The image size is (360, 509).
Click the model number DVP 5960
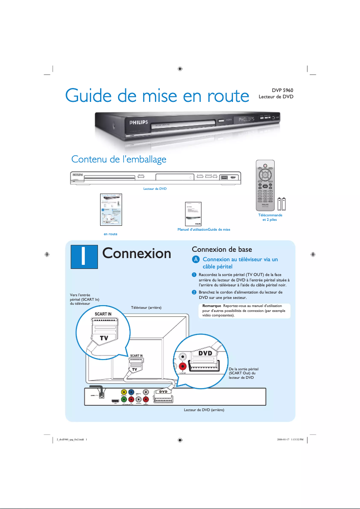pos(281,90)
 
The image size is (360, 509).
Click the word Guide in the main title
pos(92,96)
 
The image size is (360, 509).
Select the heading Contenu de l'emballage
pos(119,159)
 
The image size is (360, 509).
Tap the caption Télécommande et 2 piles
pos(269,218)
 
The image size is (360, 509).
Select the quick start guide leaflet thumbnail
pos(110,210)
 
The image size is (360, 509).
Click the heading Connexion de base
pos(222,249)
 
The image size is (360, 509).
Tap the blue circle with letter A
pos(195,260)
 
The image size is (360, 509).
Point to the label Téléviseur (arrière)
pos(146,307)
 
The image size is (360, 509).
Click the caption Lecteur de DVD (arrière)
pos(204,410)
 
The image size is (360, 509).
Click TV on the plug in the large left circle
pos(104,338)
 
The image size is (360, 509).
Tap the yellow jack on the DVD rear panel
pos(123,392)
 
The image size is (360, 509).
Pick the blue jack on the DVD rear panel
pos(131,392)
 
